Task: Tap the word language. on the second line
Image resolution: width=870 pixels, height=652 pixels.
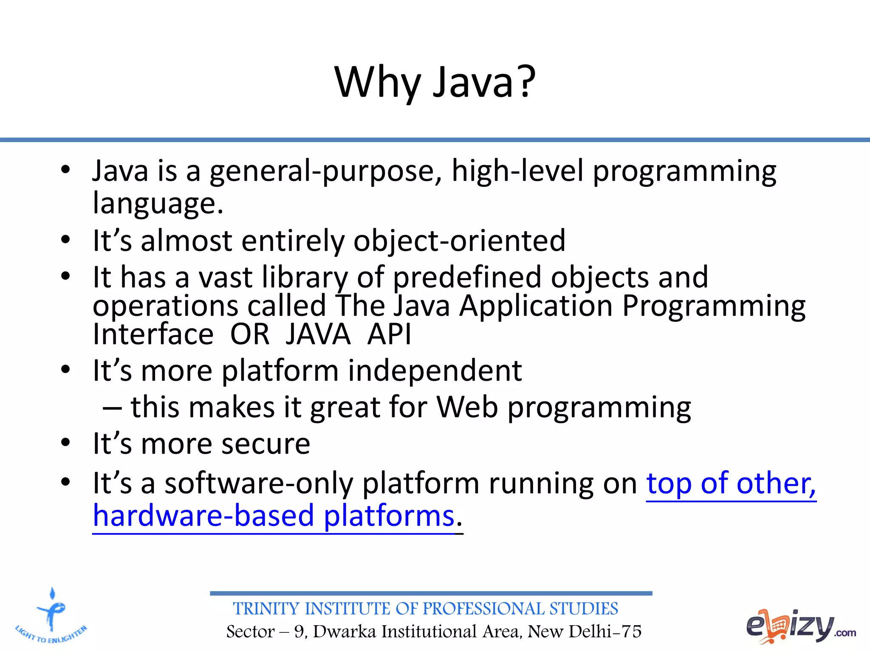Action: point(158,204)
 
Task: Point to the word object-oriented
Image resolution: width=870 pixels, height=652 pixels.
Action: point(459,241)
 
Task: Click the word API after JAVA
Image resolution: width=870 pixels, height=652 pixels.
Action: point(389,334)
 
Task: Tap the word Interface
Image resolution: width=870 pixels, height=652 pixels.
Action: point(153,334)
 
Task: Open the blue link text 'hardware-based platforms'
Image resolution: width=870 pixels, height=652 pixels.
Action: point(274,516)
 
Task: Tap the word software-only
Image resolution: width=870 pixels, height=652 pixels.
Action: point(259,484)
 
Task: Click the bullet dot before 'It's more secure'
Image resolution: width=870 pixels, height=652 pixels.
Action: point(65,443)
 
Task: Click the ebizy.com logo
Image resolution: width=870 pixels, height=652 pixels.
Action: point(800,627)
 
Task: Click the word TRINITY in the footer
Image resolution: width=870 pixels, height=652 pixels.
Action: point(266,609)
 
